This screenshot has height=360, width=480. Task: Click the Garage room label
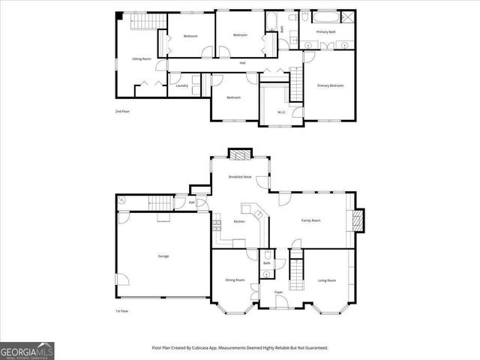163,256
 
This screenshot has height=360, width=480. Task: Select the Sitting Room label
142,58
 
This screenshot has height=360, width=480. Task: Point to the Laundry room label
181,85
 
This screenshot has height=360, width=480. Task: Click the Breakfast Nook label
240,176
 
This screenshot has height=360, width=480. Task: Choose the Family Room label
310,220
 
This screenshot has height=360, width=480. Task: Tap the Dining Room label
235,280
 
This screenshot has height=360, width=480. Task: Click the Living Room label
327,280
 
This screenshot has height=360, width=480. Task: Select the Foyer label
278,292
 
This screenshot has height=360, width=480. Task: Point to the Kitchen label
239,221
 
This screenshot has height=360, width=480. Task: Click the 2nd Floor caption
122,112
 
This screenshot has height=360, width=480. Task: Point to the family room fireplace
358,221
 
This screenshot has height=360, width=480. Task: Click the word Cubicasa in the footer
199,348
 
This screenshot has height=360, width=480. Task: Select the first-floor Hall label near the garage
192,202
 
